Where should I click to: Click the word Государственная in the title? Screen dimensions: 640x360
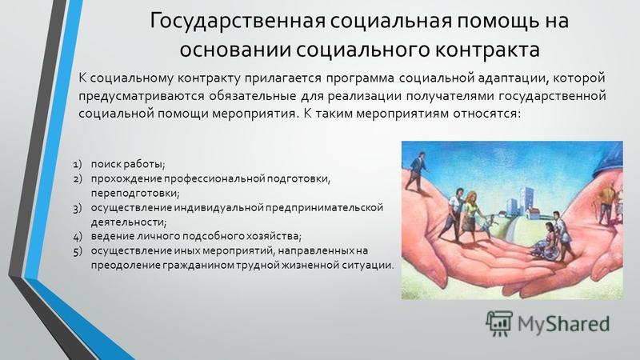tap(238, 22)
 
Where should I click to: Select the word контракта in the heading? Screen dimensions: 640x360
tap(486, 50)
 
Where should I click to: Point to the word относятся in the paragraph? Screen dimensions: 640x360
tap(486, 113)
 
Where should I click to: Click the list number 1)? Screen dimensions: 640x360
tap(77, 165)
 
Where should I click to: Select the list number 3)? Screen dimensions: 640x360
tap(77, 208)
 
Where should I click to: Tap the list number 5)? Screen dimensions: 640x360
tap(77, 251)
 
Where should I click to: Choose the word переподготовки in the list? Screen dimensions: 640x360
tap(135, 193)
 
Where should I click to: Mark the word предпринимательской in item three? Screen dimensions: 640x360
tap(325, 207)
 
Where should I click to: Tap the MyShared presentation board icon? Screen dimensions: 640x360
tap(499, 323)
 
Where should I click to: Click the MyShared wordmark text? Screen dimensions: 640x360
tap(563, 324)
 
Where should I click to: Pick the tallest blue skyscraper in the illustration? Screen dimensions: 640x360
tap(528, 200)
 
